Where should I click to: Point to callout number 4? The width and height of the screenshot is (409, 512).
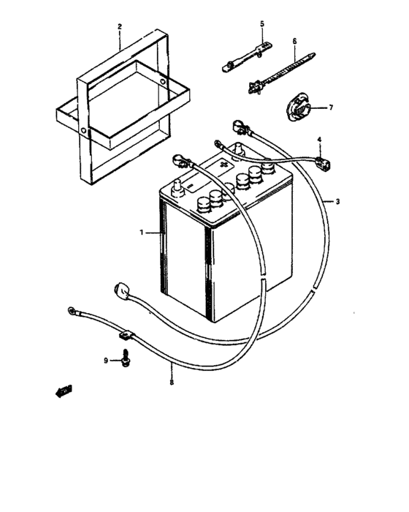coord(318,139)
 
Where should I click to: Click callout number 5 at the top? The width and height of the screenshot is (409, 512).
coord(261,25)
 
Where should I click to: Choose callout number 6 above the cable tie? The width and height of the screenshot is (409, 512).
coord(294,42)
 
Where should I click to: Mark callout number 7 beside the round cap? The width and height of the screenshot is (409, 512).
coord(330,108)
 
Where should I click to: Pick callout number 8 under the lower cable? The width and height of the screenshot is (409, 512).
coord(172,381)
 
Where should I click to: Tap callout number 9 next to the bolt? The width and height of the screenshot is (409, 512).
coord(106,361)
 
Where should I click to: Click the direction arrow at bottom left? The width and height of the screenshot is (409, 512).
coord(64,391)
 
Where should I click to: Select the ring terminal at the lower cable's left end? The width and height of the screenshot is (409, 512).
coord(72,312)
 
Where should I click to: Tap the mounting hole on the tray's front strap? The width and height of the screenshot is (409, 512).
coord(86,132)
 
